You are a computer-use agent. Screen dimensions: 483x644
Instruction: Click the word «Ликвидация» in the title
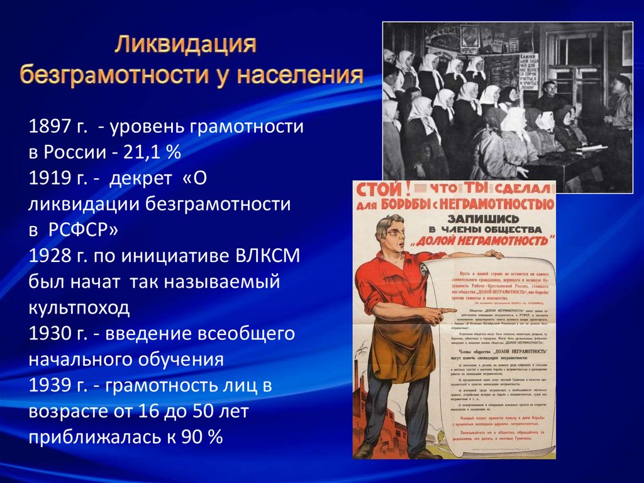186,46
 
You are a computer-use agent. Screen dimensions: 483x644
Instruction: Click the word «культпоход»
79,308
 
